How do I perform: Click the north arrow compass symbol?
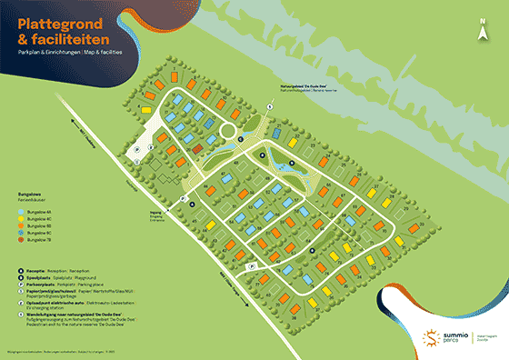[483, 29]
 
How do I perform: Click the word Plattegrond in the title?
[55, 23]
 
